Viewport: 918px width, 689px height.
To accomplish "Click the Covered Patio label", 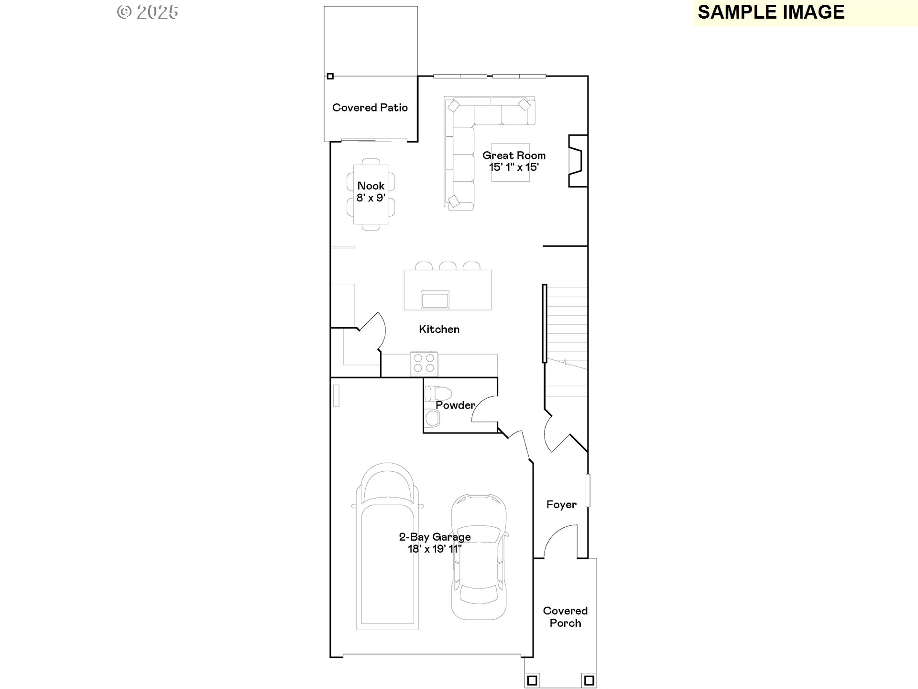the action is point(370,108).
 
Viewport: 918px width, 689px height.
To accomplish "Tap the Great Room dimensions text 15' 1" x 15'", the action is point(514,167).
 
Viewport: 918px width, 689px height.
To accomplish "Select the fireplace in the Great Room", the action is point(578,161).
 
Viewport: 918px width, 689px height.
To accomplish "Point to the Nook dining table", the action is point(371,194).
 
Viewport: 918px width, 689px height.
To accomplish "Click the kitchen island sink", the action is point(435,300).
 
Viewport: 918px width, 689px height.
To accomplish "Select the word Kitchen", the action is point(439,329).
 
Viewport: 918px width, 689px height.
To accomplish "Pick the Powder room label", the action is point(455,405).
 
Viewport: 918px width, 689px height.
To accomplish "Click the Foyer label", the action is point(561,505).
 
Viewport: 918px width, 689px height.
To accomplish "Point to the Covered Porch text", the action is point(565,617).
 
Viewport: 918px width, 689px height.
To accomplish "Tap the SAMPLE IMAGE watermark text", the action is point(771,12).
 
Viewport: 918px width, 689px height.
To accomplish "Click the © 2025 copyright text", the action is point(147,12).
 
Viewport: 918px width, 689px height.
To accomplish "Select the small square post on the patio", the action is point(330,76).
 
